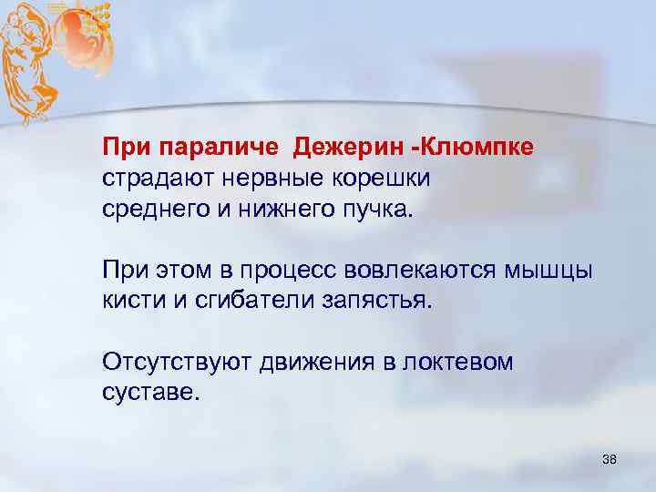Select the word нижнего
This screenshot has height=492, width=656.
[x=285, y=210]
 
